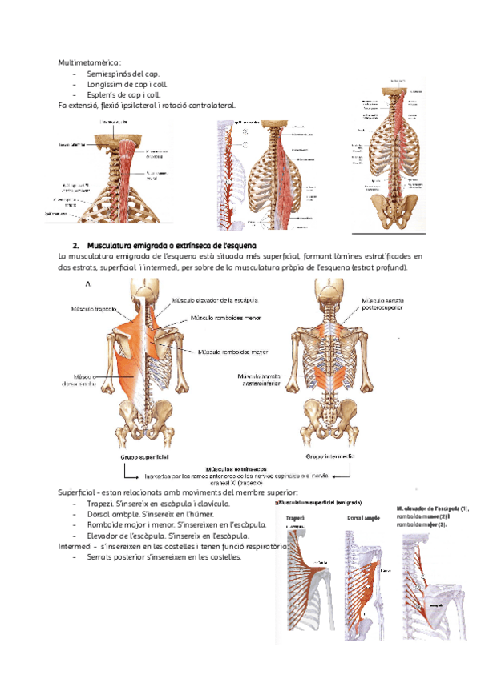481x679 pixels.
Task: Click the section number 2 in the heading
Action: (x=74, y=243)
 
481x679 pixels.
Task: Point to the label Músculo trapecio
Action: (x=95, y=308)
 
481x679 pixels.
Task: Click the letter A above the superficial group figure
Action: (x=86, y=283)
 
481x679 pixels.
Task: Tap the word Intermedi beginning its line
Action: (x=73, y=546)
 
